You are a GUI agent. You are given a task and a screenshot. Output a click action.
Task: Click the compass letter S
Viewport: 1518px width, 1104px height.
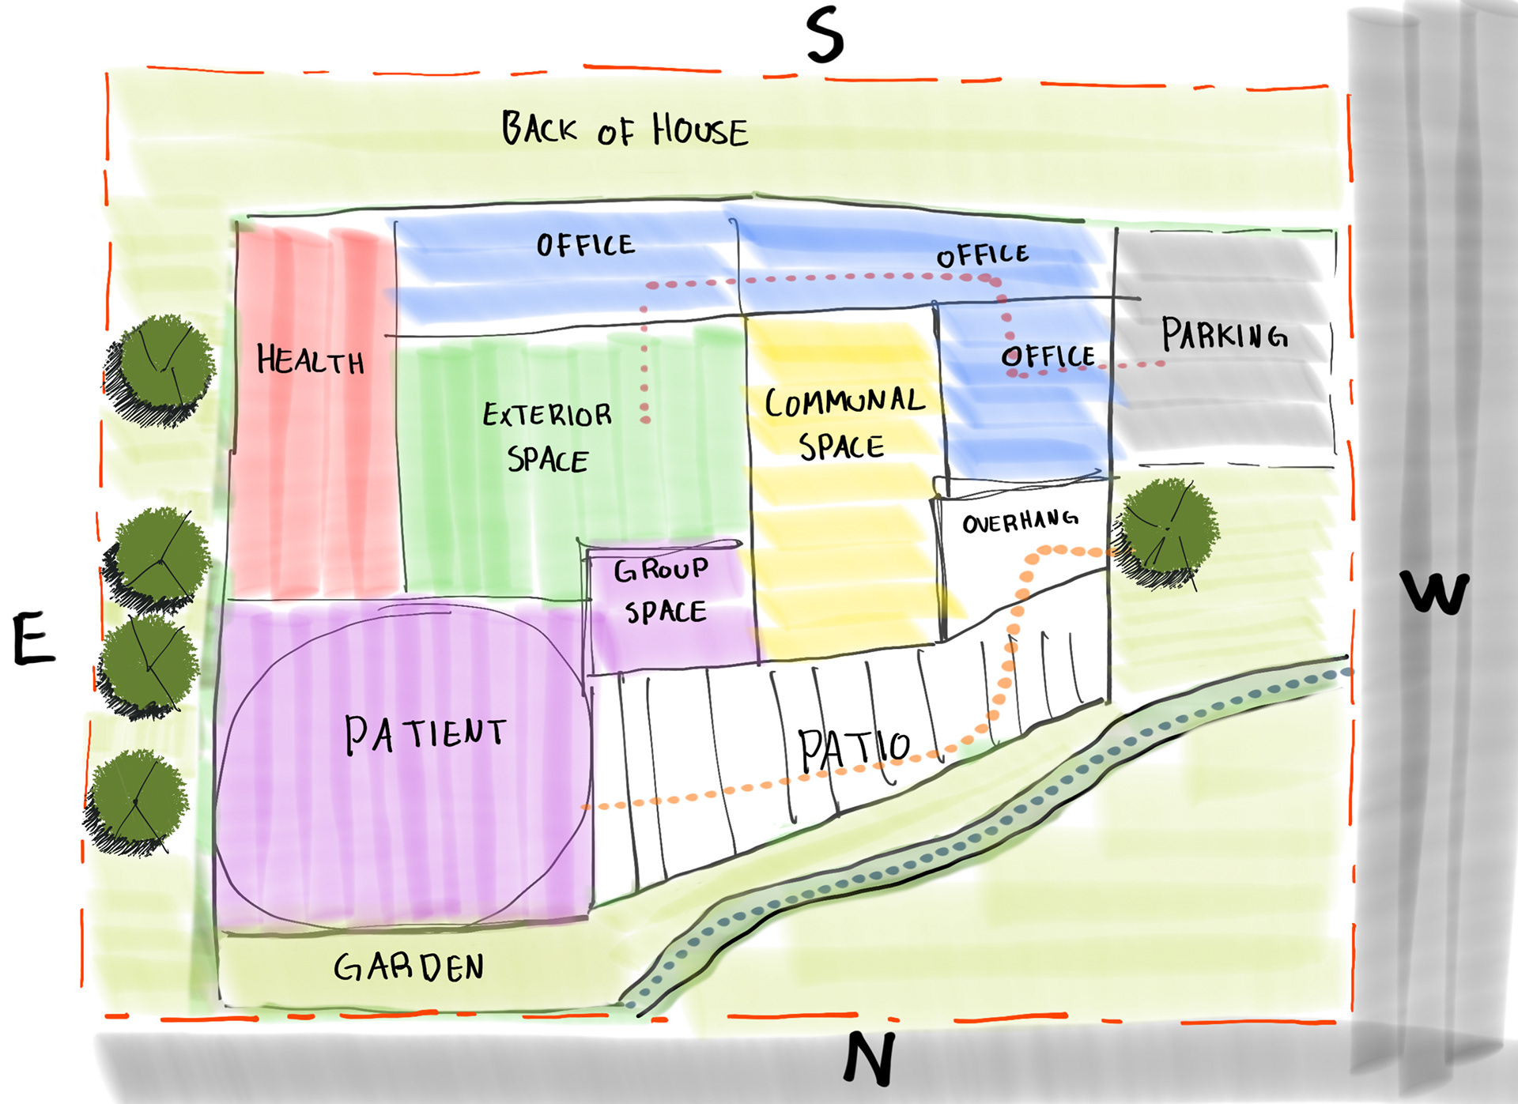click(x=825, y=36)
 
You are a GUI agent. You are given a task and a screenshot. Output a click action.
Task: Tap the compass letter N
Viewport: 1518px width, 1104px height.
click(x=870, y=1058)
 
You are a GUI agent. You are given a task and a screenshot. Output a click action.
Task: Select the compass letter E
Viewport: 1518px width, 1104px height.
click(x=34, y=639)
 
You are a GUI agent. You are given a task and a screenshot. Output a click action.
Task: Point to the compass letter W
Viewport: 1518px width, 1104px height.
click(x=1434, y=592)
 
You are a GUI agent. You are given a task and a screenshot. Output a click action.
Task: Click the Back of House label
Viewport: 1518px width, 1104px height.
click(x=625, y=130)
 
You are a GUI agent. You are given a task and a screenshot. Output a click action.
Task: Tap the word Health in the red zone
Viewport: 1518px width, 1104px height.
click(x=311, y=360)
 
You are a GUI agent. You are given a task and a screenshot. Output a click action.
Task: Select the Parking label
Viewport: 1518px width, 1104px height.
click(x=1224, y=334)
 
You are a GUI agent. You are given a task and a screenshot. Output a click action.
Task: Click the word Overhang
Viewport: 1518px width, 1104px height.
click(x=1020, y=521)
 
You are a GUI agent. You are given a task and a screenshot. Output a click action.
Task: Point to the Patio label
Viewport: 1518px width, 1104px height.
click(x=854, y=748)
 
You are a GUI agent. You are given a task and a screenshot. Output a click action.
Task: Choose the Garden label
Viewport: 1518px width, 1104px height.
click(x=409, y=966)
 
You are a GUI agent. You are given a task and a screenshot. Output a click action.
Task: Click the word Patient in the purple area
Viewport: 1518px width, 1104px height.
click(x=425, y=733)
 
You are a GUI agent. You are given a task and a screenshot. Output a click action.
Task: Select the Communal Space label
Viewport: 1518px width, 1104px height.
click(x=844, y=424)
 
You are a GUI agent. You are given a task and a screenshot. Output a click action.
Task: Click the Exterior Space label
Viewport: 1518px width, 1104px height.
click(x=547, y=437)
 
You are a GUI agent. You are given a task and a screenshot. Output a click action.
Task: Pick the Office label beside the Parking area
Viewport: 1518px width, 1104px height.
click(x=1048, y=356)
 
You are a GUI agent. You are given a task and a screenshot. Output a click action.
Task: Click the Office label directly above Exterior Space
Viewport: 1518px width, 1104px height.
click(x=585, y=245)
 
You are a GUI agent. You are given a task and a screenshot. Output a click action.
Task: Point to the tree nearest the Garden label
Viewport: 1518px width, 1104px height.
click(x=136, y=800)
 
